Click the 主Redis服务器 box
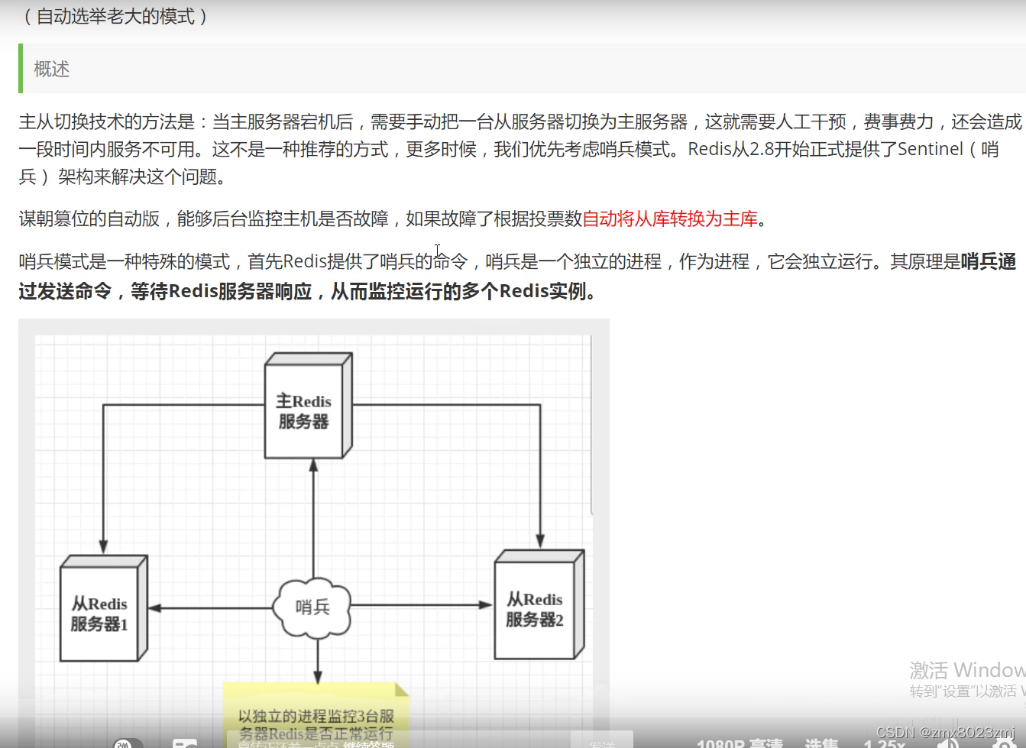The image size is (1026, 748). [304, 411]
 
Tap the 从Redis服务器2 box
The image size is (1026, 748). [535, 609]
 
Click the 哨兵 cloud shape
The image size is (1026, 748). [312, 607]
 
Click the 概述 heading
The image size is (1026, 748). [52, 70]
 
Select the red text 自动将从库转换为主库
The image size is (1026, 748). [670, 219]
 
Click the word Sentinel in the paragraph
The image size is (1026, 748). [930, 149]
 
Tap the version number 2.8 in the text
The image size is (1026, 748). [762, 149]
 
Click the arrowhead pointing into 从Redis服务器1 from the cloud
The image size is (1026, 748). [154, 608]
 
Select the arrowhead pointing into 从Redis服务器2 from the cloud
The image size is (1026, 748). [486, 605]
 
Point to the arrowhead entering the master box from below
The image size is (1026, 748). [313, 465]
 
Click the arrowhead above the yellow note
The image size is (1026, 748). [318, 677]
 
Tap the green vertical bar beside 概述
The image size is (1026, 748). [21, 69]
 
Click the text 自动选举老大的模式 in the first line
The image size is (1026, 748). [115, 17]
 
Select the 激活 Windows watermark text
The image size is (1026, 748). [966, 670]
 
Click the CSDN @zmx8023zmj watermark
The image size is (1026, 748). [945, 732]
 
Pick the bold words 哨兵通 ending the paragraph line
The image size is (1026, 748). [989, 262]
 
